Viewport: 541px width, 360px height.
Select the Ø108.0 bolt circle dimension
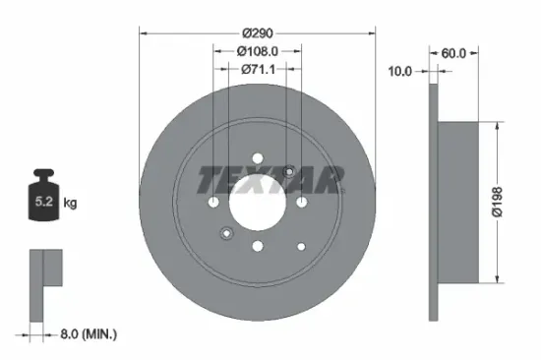[x=258, y=51]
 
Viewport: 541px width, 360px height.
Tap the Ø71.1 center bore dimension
[x=258, y=69]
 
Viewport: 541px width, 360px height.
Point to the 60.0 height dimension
[x=454, y=54]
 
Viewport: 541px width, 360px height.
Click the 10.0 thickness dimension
[x=399, y=71]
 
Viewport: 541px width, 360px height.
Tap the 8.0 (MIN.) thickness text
[x=84, y=334]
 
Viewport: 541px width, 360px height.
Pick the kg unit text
[x=70, y=203]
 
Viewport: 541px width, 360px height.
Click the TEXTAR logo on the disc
[x=271, y=180]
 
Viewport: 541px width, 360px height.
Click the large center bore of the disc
[x=257, y=201]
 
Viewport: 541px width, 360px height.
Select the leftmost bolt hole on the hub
[x=214, y=201]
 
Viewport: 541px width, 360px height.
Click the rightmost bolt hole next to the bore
[x=299, y=201]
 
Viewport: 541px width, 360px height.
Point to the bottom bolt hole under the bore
[x=257, y=244]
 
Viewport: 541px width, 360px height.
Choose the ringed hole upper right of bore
[x=289, y=172]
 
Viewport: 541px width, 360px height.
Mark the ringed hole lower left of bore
[x=225, y=232]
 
